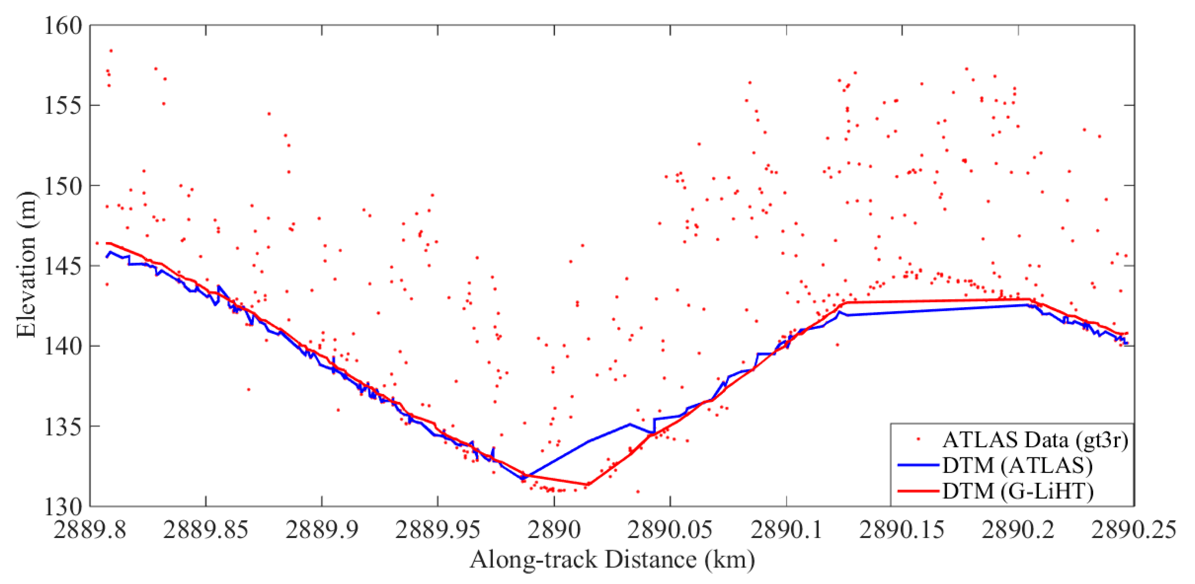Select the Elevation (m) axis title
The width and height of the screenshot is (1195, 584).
tap(26, 264)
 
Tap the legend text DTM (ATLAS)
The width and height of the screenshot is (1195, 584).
tap(1017, 465)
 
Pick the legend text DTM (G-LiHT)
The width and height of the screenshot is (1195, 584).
tap(1018, 491)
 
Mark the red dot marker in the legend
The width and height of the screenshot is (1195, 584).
tap(919, 439)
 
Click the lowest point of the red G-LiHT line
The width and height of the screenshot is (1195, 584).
tap(588, 485)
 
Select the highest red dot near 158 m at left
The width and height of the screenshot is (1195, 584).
tap(111, 50)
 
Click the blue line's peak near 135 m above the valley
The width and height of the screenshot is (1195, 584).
tap(630, 424)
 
